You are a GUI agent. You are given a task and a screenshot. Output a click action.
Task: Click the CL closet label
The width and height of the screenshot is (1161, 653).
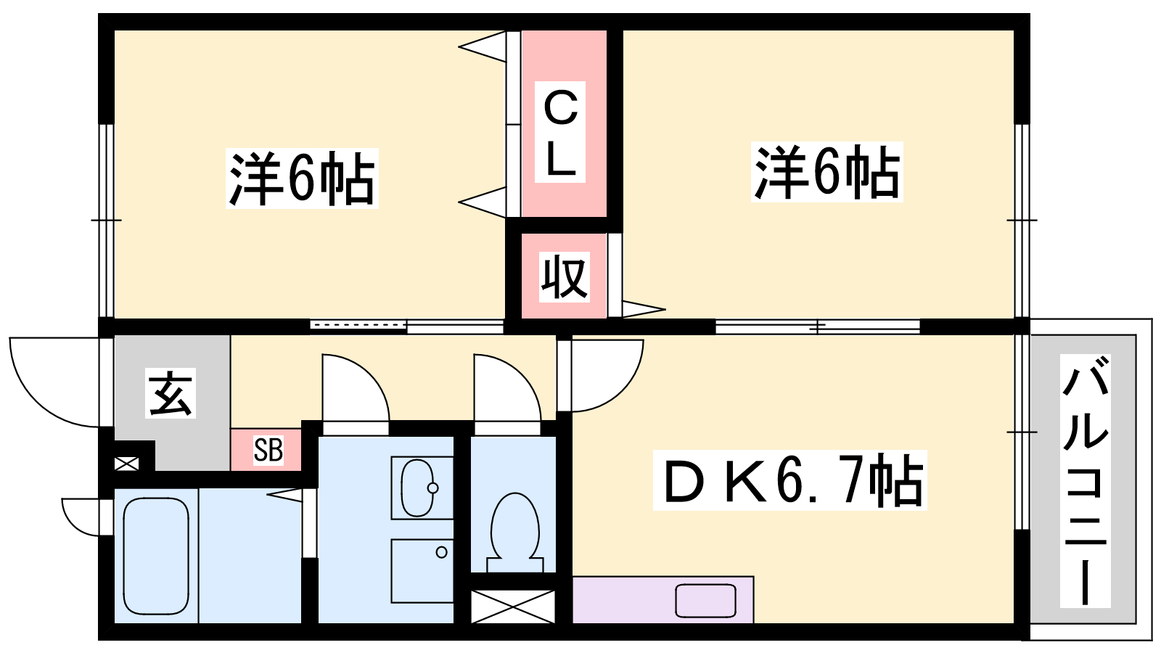[x=560, y=132]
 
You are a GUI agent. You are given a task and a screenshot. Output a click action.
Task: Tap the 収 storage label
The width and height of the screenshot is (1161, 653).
[x=564, y=276]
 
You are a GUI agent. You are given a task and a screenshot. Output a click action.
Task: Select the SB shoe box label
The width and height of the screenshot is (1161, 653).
[x=268, y=450]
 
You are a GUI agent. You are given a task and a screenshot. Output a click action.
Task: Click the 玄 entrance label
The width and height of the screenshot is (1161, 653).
[x=170, y=393]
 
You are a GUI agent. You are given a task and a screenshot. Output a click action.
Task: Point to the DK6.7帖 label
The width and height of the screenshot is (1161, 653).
[x=790, y=480]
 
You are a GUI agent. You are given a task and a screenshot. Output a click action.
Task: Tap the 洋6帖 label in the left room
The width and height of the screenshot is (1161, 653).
[x=302, y=178]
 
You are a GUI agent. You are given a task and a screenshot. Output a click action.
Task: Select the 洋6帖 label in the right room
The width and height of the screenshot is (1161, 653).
[x=827, y=171]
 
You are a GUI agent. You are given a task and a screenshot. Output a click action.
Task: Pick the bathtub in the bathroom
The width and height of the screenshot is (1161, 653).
[x=155, y=556]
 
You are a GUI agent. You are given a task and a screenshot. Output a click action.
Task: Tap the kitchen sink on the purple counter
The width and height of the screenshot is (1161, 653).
[x=705, y=601]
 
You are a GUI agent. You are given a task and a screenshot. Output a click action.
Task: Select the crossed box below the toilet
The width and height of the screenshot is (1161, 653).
[x=512, y=607]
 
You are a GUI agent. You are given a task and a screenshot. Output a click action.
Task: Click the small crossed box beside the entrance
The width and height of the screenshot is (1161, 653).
[x=126, y=464]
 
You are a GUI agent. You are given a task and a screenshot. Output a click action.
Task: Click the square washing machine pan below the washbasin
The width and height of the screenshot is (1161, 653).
[x=422, y=570]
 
